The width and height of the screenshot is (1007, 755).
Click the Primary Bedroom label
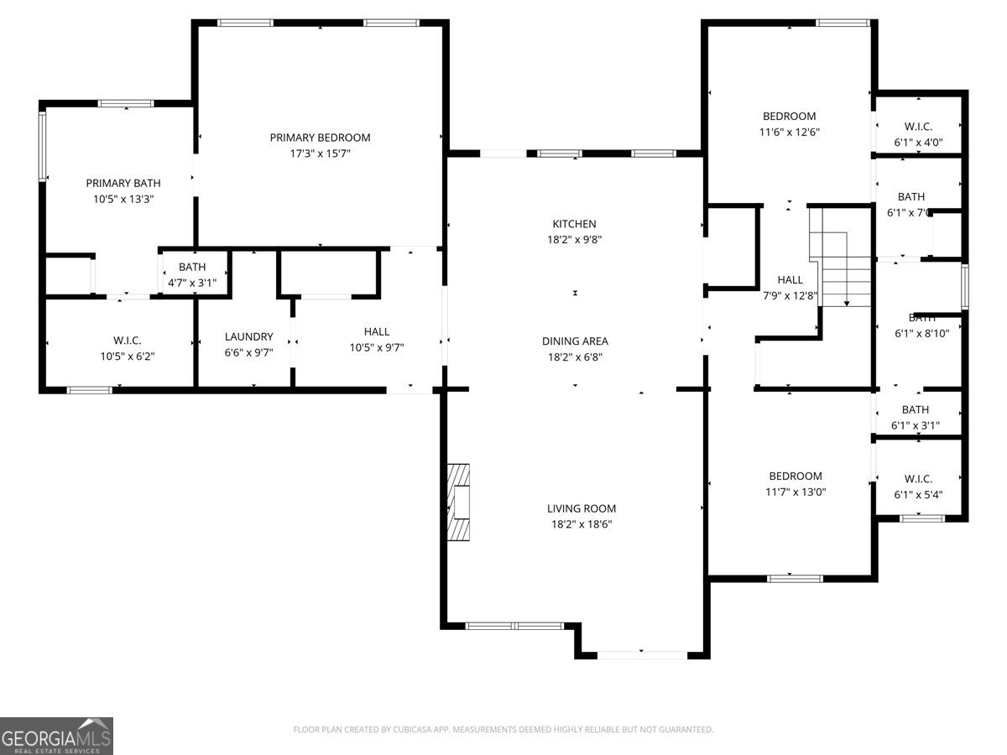coord(320,138)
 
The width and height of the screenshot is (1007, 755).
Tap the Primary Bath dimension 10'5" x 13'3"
coord(123,200)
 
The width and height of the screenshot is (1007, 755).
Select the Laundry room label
coord(248,336)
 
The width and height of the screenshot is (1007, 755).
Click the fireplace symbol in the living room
coord(459,502)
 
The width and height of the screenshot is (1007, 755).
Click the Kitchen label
coord(574,224)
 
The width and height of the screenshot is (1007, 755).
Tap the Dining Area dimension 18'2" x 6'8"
coord(575,357)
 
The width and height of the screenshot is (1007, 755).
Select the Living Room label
coord(582,508)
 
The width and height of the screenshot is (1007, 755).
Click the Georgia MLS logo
coord(56,736)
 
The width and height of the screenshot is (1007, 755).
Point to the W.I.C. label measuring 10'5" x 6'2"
coord(127,340)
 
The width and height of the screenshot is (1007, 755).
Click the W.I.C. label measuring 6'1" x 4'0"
coord(918,127)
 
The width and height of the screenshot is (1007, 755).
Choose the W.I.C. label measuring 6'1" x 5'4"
coord(918,478)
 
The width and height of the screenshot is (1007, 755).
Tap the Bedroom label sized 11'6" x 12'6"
coord(789,116)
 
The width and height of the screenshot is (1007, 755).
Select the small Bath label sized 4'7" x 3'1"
coord(191,267)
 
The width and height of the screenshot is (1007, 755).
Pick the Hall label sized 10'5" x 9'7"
coord(377,331)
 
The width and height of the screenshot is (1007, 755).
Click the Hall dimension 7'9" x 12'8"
coord(790,295)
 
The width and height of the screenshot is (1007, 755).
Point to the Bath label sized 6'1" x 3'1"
coord(916,409)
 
